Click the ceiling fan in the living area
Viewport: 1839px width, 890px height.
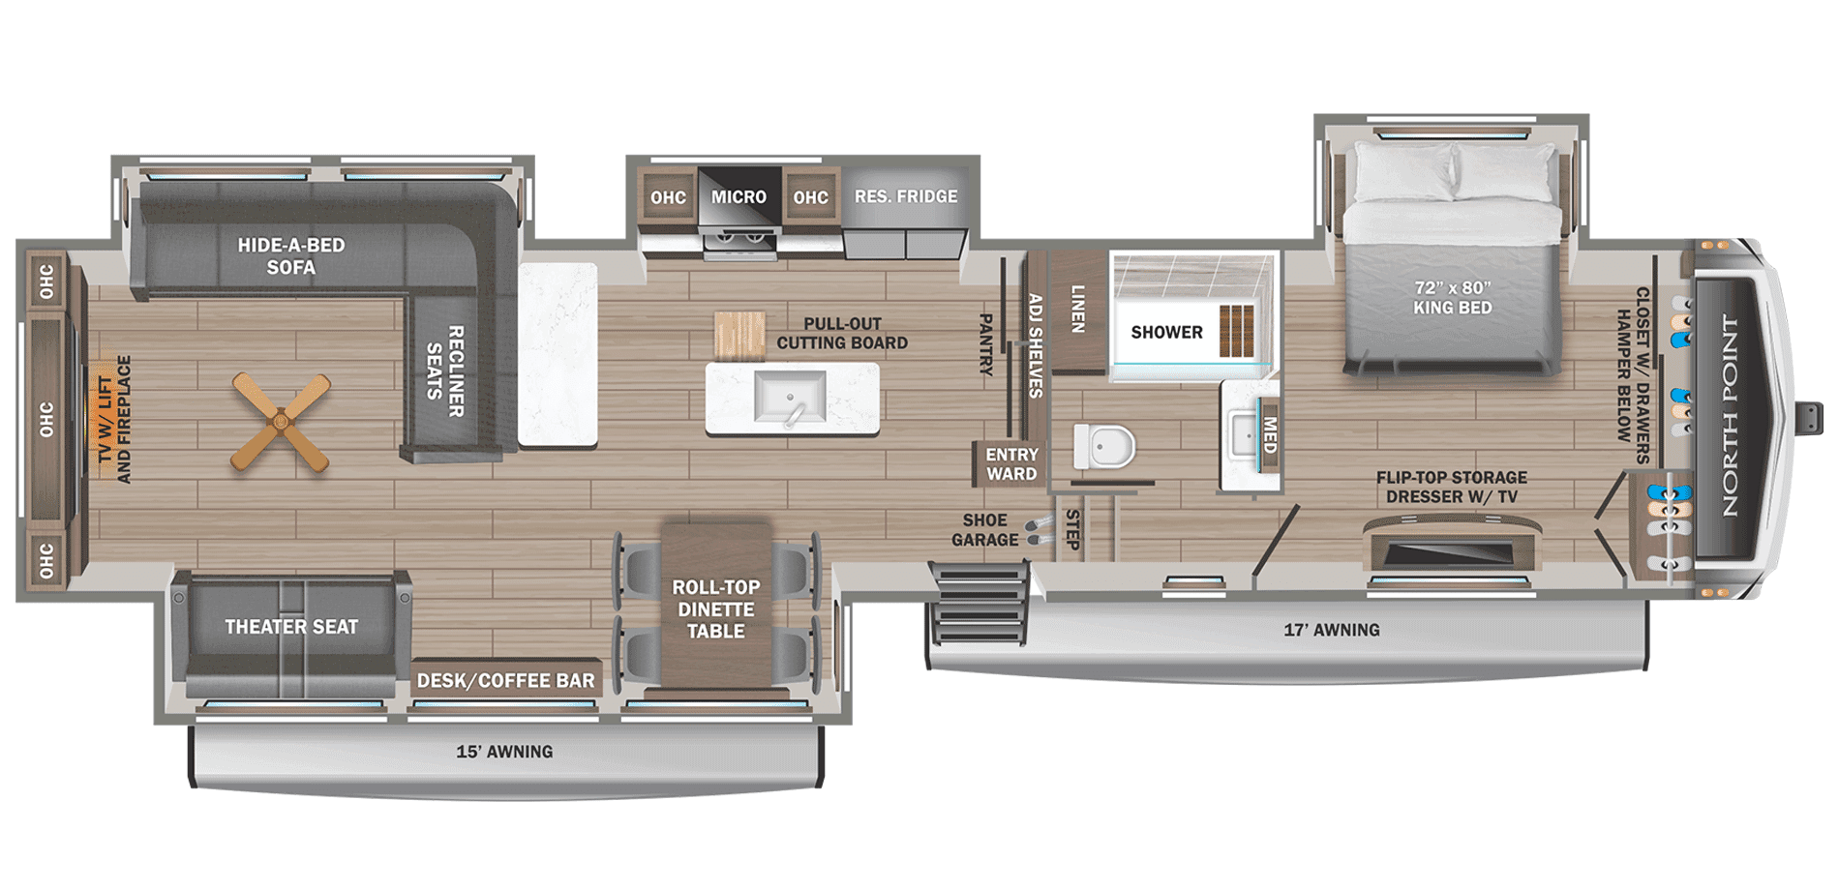[x=281, y=424]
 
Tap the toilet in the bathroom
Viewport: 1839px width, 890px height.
[x=1103, y=448]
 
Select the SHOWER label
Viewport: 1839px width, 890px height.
[x=1166, y=333]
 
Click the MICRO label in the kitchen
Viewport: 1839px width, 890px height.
[x=739, y=197]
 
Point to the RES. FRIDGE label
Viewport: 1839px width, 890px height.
[x=906, y=196]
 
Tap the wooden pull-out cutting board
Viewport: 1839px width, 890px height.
[x=739, y=335]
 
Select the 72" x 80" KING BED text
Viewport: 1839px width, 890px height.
[x=1452, y=298]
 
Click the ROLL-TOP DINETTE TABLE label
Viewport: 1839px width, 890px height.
[x=716, y=609]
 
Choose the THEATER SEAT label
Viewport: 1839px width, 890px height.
[x=291, y=627]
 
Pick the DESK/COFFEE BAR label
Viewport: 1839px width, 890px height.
[x=505, y=681]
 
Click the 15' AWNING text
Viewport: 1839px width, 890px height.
[x=504, y=752]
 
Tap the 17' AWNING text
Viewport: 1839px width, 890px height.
[x=1331, y=630]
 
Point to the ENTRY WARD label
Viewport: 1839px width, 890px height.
[x=1011, y=464]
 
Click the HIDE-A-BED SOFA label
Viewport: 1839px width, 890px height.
[x=291, y=256]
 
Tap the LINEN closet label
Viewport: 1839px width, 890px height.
[x=1077, y=310]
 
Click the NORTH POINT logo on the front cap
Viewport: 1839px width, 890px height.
[x=1731, y=416]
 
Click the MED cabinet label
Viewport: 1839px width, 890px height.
[x=1270, y=435]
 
